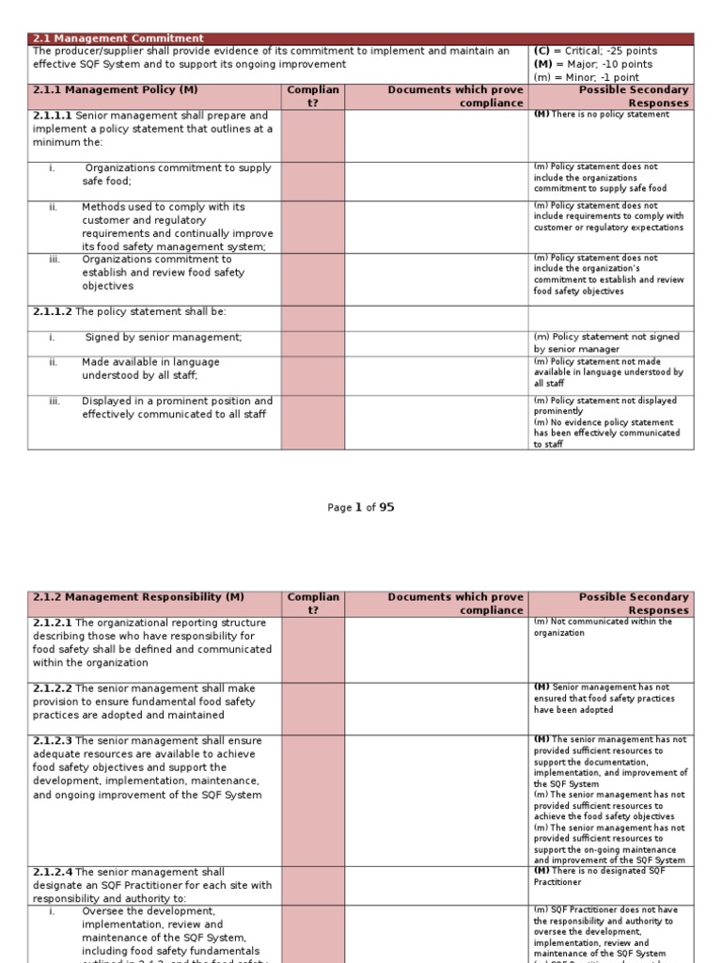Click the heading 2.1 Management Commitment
118,39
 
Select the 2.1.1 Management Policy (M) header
116,90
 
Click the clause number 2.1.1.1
53,116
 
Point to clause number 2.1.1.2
53,311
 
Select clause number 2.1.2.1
53,623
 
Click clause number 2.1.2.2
53,688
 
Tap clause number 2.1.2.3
53,741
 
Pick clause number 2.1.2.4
53,872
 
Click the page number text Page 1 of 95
361,508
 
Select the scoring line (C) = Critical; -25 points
595,51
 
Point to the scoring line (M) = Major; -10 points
593,64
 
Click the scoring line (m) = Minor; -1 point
587,77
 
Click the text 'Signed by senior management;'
163,337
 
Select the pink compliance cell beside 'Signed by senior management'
313,342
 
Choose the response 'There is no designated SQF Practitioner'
602,876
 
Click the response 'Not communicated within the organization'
602,627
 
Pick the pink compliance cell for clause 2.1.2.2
313,708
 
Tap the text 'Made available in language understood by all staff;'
150,369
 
